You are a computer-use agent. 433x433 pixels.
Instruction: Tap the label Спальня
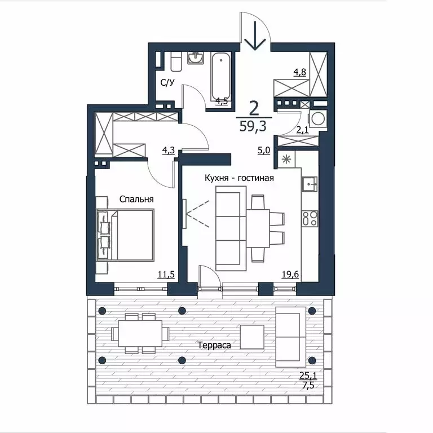(136, 199)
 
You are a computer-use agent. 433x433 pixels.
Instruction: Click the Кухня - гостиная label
(239, 178)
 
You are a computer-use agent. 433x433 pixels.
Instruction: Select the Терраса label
(214, 345)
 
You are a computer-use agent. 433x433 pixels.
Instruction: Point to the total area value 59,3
(253, 126)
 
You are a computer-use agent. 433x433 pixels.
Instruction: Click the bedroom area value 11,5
(166, 274)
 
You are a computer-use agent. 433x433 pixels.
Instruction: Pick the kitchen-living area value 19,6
(290, 274)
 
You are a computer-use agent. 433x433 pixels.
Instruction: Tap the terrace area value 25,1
(308, 375)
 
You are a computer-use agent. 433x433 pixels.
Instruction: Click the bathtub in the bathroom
(220, 77)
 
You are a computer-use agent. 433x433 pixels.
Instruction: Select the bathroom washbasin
(196, 58)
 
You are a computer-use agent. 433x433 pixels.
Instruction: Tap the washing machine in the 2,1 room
(319, 119)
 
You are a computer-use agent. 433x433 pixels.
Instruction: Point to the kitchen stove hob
(310, 218)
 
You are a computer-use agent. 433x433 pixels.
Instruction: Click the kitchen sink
(310, 184)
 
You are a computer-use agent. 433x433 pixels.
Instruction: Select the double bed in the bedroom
(125, 235)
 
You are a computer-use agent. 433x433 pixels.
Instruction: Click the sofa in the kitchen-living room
(231, 228)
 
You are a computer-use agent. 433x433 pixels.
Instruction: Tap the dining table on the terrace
(140, 333)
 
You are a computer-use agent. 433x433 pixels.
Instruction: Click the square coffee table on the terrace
(252, 337)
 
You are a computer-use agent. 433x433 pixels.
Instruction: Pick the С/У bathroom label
(167, 82)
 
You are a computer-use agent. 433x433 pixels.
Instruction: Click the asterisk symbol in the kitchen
(286, 160)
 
